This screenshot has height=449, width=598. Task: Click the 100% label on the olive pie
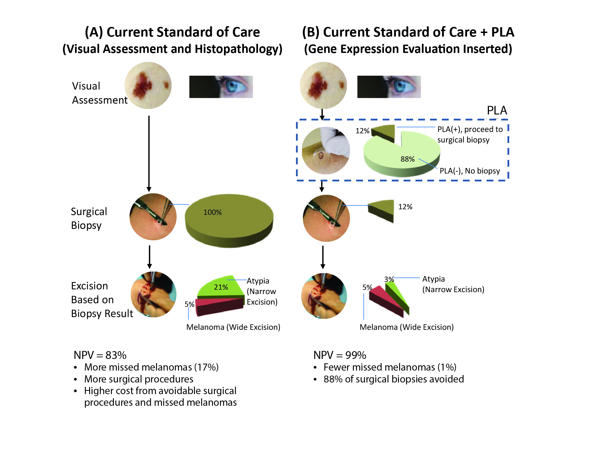pyautogui.click(x=212, y=212)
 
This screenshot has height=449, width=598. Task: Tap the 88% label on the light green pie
pyautogui.click(x=407, y=159)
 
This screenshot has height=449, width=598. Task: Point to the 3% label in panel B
pyautogui.click(x=389, y=279)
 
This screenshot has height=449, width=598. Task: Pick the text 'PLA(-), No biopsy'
pyautogui.click(x=470, y=171)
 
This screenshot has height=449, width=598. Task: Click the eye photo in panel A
pyautogui.click(x=221, y=87)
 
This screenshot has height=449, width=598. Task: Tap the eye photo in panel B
pyautogui.click(x=389, y=87)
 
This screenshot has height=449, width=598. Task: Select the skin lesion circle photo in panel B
pyautogui.click(x=323, y=85)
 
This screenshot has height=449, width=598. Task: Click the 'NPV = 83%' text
pyautogui.click(x=100, y=355)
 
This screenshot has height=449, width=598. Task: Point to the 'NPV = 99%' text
pyautogui.click(x=340, y=355)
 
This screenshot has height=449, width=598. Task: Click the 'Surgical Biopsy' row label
pyautogui.click(x=89, y=218)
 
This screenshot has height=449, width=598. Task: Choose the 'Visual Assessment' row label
pyautogui.click(x=99, y=93)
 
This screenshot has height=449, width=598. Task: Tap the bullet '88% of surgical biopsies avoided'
pyautogui.click(x=393, y=379)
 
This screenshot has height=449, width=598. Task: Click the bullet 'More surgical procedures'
pyautogui.click(x=139, y=379)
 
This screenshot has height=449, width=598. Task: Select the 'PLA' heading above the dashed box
pyautogui.click(x=497, y=111)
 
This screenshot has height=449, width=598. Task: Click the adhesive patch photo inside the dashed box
pyautogui.click(x=326, y=150)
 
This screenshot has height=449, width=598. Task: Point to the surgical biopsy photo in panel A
pyautogui.click(x=153, y=217)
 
